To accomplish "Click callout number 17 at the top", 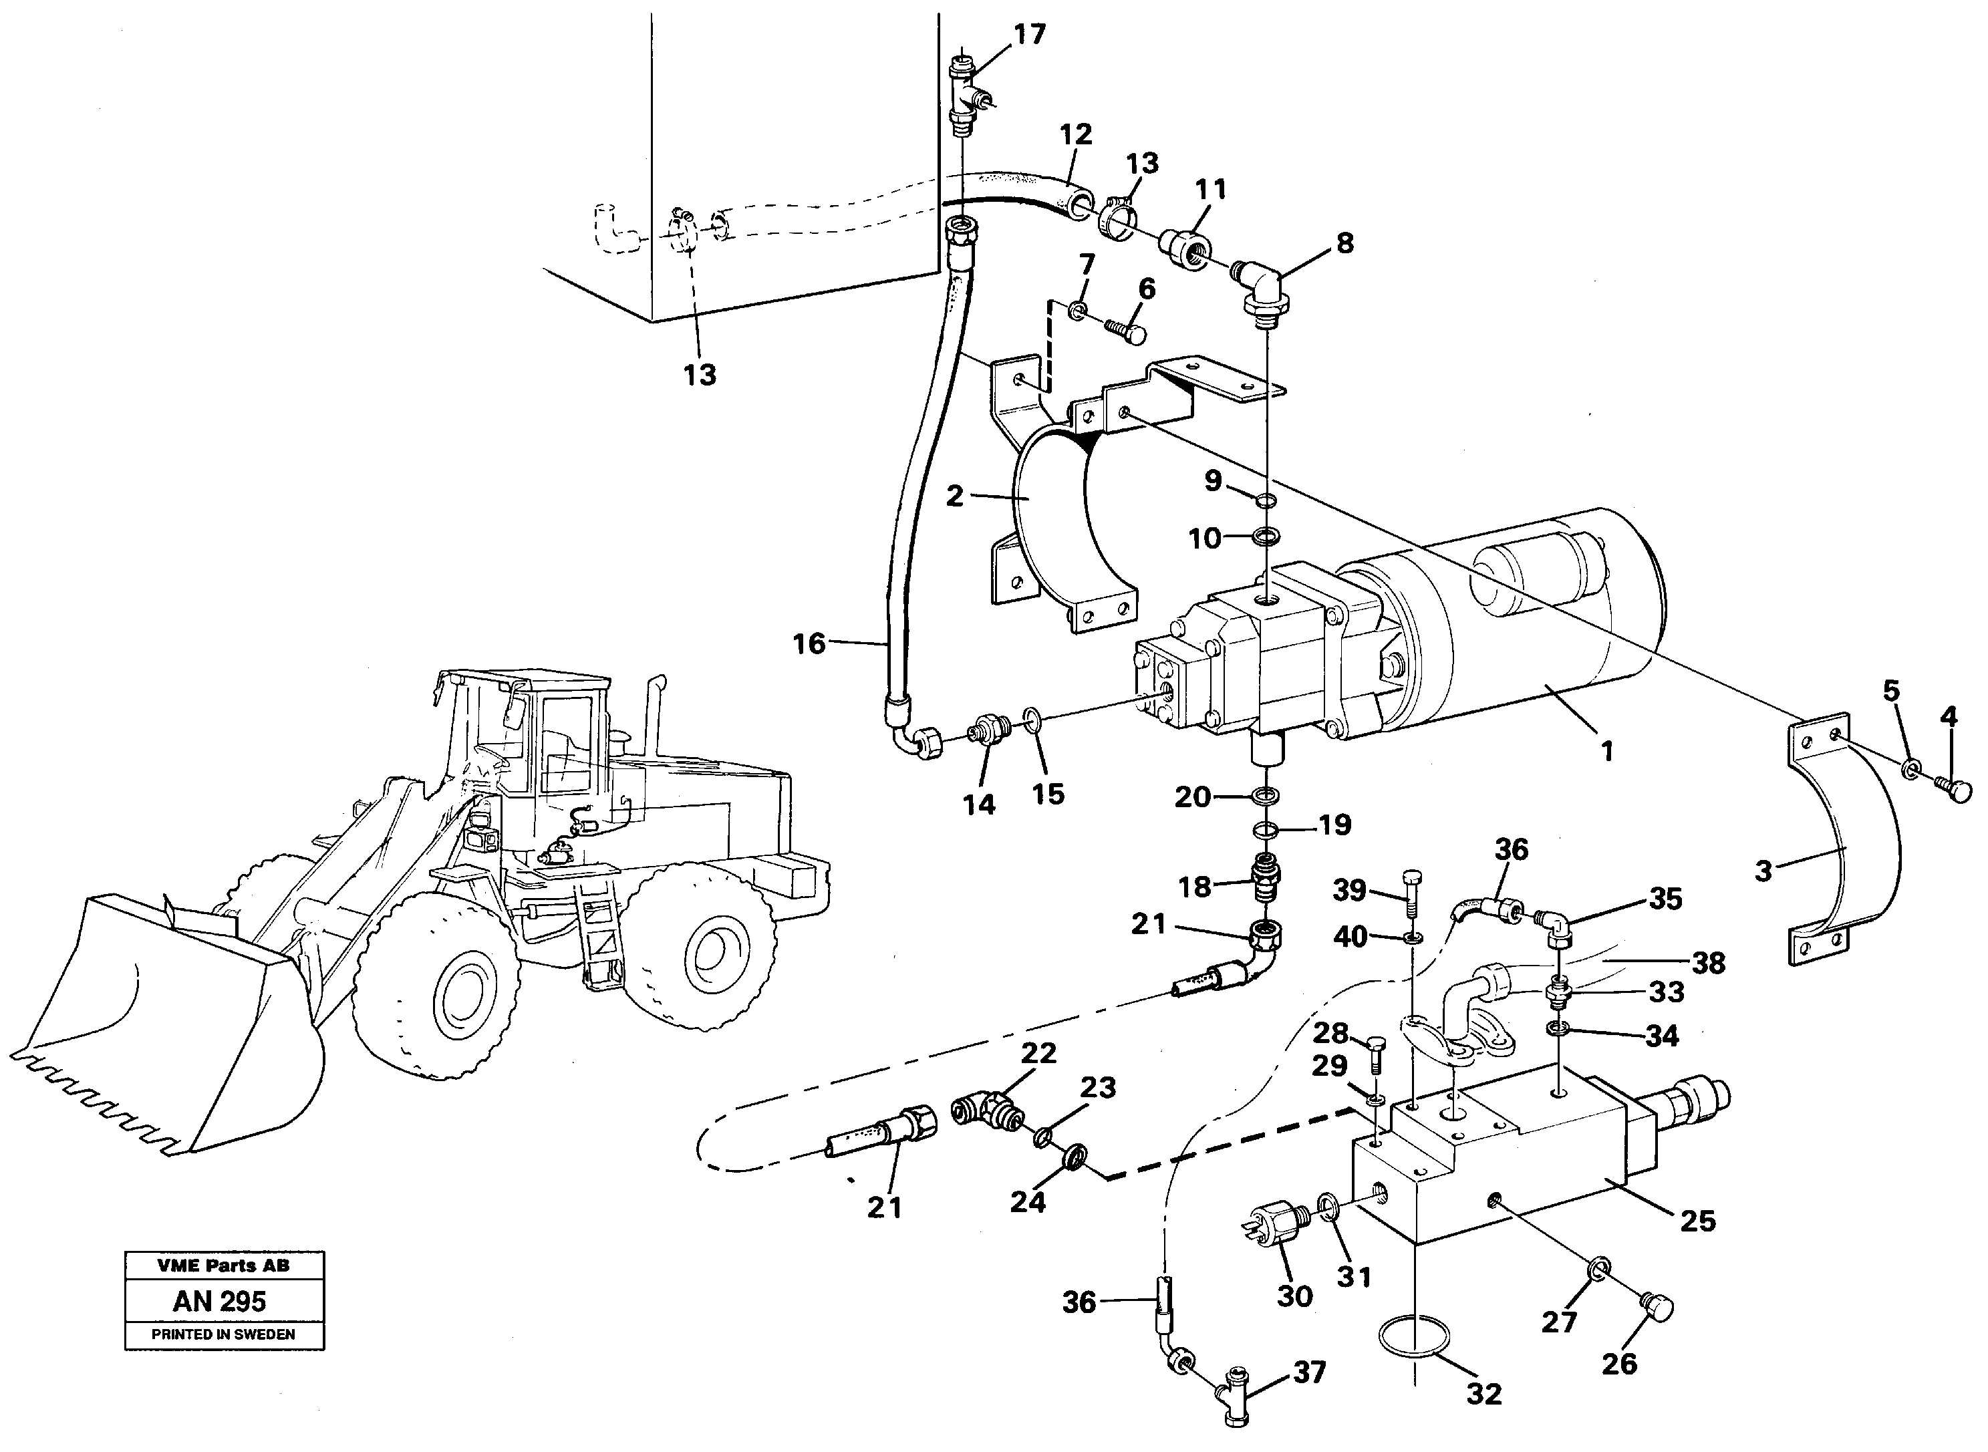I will [1029, 34].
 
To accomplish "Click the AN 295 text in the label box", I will [220, 1301].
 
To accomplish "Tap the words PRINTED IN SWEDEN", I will [223, 1334].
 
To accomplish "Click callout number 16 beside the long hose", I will [809, 644].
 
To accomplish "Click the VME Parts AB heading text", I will [223, 1266].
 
